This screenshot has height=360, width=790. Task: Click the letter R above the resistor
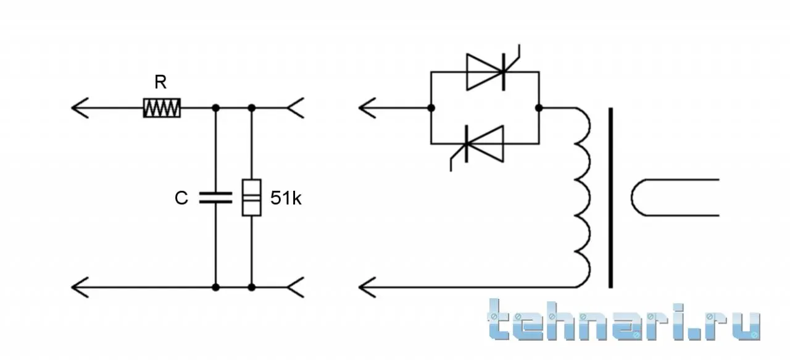pos(160,82)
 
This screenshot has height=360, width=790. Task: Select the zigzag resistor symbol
pos(162,108)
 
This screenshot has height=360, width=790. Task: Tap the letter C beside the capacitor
pos(181,198)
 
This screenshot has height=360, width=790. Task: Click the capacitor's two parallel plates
pos(216,198)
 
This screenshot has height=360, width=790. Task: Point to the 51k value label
pos(286,198)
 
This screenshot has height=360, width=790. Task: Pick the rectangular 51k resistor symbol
pos(251,198)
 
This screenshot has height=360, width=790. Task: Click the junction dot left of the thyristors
pos(431,108)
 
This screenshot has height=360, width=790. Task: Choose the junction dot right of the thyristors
pos(539,108)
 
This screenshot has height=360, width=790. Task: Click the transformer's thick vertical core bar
pos(611,198)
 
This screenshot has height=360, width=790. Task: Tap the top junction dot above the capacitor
pos(216,108)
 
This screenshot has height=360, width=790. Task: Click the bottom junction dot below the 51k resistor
pos(251,288)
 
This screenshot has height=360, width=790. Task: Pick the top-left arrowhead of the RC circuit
pos(80,108)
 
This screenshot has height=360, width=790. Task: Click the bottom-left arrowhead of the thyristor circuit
pos(367,288)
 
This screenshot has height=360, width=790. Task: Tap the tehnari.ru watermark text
pos(624,320)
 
